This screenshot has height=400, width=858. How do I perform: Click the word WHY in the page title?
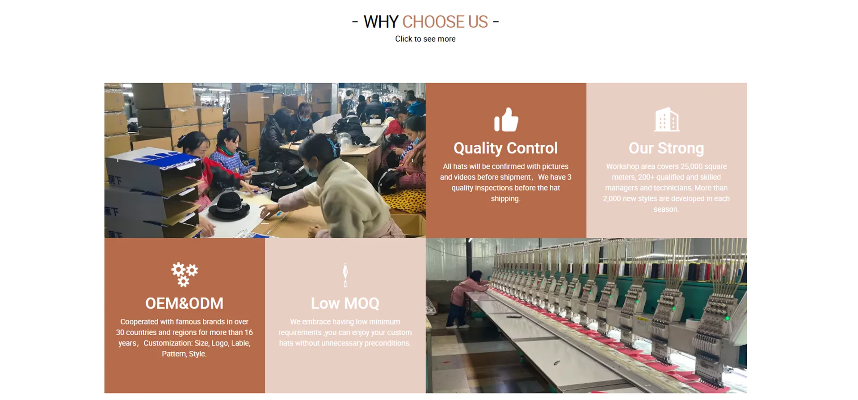(x=381, y=21)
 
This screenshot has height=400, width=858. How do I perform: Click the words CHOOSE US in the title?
(x=445, y=21)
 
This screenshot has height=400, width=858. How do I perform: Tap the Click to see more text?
(x=425, y=39)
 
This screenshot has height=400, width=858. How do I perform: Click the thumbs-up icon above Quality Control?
(x=506, y=120)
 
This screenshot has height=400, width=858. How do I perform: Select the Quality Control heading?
(x=505, y=148)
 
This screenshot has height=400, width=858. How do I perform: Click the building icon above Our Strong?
(x=666, y=119)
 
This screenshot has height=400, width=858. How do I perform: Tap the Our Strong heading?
(x=666, y=148)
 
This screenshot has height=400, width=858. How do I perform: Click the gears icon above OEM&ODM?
(x=185, y=274)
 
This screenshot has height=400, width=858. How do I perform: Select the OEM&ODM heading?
(x=184, y=303)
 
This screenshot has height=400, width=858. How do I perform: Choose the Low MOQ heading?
(x=345, y=303)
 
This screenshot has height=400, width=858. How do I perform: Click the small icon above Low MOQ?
(x=345, y=275)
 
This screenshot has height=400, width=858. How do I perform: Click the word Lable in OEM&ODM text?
(x=241, y=343)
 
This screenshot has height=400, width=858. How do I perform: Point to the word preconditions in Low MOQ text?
(x=387, y=343)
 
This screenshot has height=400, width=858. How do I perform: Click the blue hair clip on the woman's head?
(x=332, y=146)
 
